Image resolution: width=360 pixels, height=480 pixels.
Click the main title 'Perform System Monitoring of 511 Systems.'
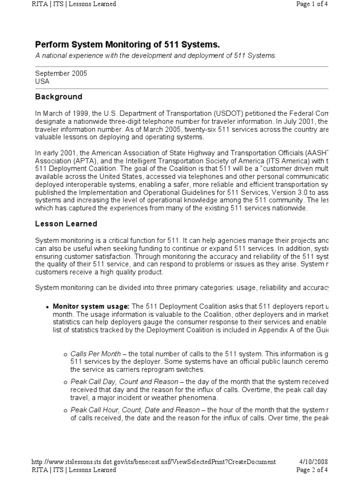click(x=127, y=45)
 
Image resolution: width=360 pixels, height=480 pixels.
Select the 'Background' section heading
click(x=59, y=97)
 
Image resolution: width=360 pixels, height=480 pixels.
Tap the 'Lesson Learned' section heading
click(x=66, y=224)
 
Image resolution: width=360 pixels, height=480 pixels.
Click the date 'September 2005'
click(x=61, y=74)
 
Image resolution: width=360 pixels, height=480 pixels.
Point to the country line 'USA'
click(x=42, y=81)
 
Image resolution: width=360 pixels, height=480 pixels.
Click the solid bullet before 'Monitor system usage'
click(x=47, y=307)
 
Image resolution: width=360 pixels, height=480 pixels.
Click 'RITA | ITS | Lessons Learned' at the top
click(x=74, y=4)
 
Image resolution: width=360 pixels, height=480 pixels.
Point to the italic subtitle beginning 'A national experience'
click(x=156, y=56)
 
